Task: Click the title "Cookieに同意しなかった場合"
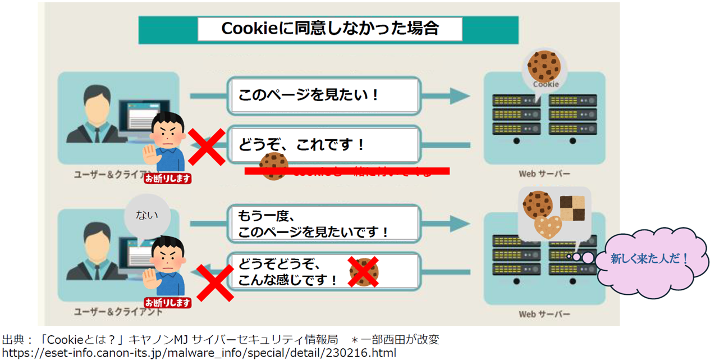coord(329,29)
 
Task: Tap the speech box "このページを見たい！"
coord(309,94)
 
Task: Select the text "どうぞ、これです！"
coord(301,144)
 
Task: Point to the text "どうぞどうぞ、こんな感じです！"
coord(288,271)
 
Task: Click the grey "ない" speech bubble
coord(147,215)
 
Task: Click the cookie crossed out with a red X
coord(364,272)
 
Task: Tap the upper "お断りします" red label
coord(168,179)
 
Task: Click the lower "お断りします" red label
coord(168,302)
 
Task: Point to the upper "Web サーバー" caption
coord(544,174)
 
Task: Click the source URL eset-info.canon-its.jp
coord(199,353)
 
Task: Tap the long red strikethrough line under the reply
coord(347,171)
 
